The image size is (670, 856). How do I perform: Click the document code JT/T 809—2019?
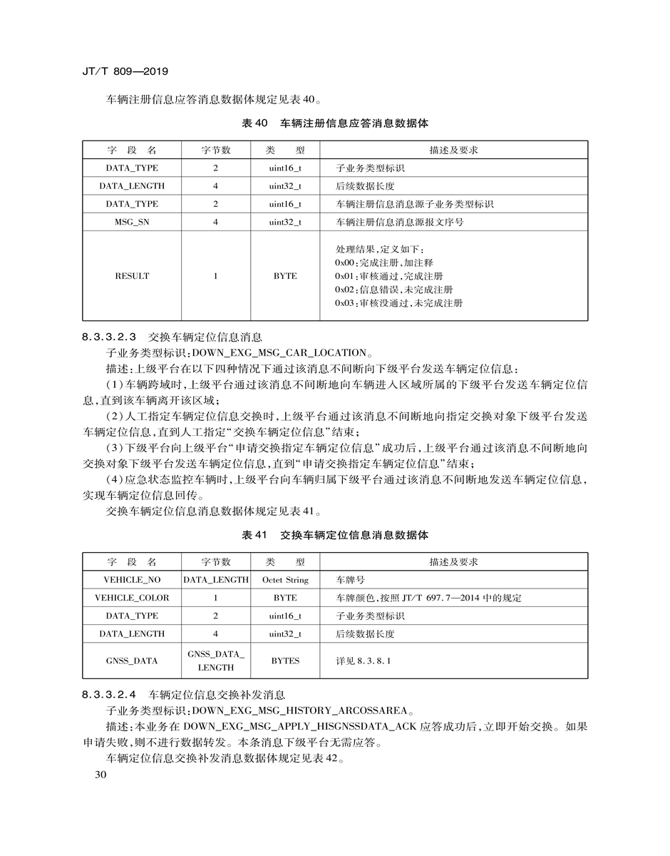(x=125, y=72)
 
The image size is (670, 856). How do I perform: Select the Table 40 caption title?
(x=335, y=123)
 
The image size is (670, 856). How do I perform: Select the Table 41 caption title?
(x=335, y=535)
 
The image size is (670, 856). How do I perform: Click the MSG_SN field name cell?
(x=132, y=222)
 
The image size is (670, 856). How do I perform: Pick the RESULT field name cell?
(x=132, y=275)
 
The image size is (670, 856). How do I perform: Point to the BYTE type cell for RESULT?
(x=285, y=275)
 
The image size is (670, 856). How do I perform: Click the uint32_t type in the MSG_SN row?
(x=285, y=222)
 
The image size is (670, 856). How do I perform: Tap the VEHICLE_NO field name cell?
(x=132, y=580)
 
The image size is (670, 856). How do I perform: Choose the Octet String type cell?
(x=285, y=580)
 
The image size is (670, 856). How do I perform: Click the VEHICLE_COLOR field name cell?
(x=132, y=598)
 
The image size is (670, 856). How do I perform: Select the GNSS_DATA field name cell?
(x=132, y=661)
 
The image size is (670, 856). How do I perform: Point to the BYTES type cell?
(x=285, y=661)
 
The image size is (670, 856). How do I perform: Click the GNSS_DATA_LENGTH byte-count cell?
(x=216, y=661)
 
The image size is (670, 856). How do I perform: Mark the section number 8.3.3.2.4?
(x=109, y=693)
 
